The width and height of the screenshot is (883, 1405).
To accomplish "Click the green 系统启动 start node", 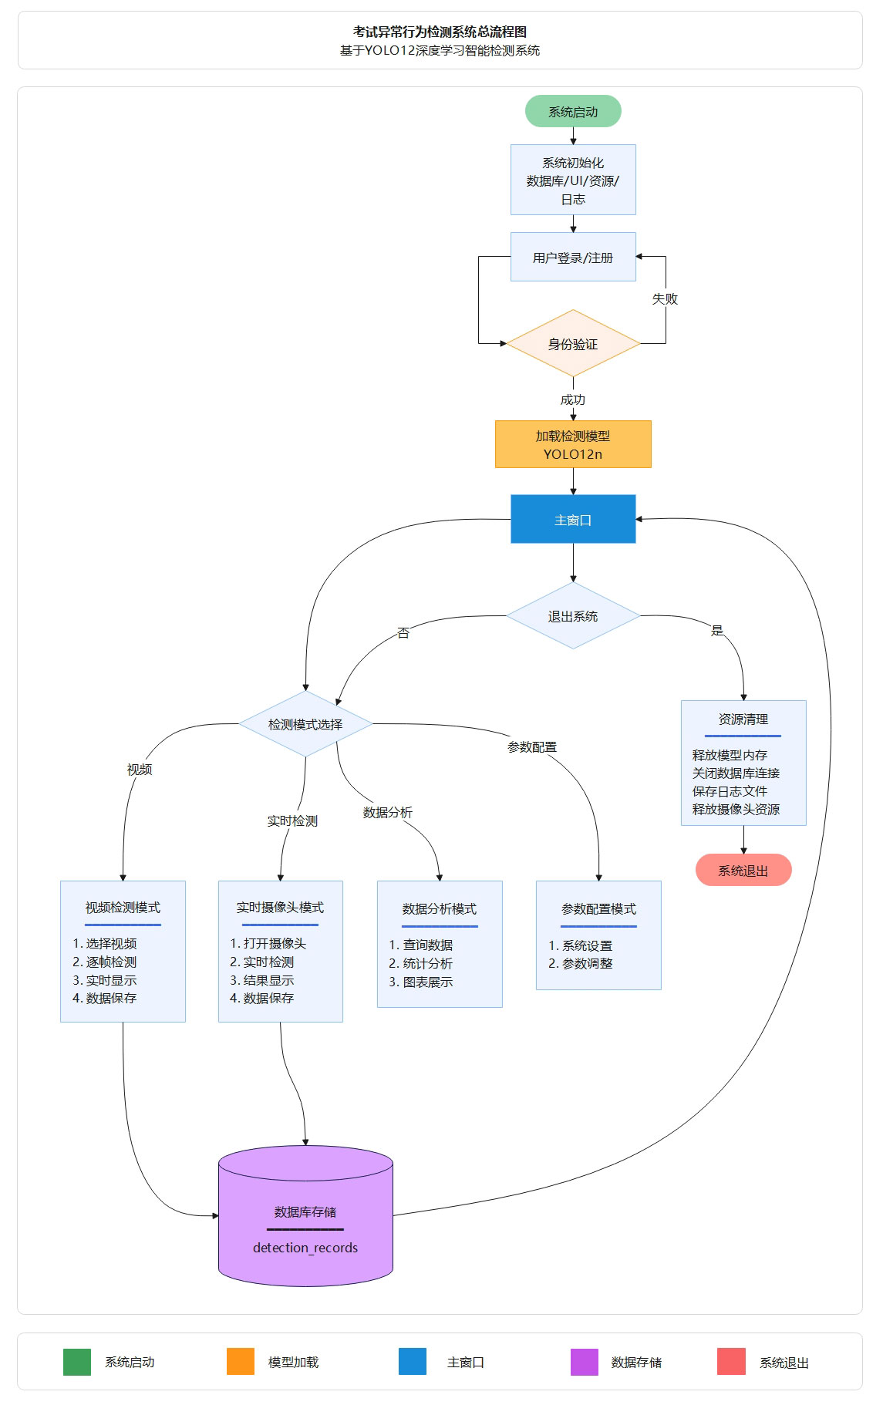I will point(573,112).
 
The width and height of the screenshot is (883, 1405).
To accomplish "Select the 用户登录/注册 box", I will point(573,258).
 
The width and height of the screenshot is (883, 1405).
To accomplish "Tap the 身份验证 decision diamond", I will point(573,344).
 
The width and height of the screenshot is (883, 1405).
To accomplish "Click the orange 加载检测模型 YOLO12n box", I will point(573,445).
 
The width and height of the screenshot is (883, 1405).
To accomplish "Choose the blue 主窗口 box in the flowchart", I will point(573,520).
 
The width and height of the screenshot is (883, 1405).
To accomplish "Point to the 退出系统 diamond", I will point(573,616).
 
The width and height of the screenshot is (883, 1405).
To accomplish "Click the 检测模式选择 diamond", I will point(305,724).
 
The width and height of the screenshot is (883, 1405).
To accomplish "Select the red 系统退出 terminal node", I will point(743,871).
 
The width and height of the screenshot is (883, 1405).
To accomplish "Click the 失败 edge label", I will point(665,298).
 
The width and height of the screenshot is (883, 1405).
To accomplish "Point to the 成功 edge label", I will point(573,399).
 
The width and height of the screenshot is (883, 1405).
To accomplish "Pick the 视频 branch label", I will point(140,770).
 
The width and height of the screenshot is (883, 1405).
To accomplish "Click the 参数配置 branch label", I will point(532,747).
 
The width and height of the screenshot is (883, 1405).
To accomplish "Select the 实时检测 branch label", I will point(292,821).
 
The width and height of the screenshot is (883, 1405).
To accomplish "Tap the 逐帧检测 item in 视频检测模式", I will point(111,962).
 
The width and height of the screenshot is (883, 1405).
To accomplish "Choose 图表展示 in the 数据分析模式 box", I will point(427,982).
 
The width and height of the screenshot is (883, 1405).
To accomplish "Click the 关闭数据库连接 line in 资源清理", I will point(736,773).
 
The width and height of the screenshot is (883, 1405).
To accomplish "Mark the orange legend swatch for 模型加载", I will point(241,1362).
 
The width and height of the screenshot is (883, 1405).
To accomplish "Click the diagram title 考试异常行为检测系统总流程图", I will point(440,32).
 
